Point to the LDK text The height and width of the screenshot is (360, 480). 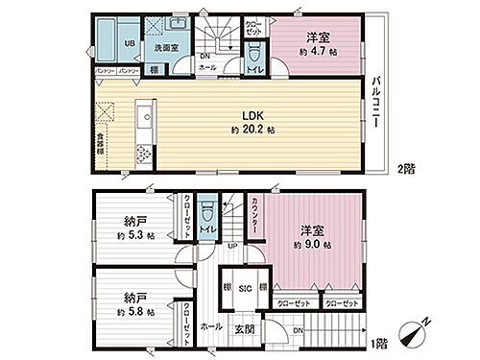[x=247, y=115]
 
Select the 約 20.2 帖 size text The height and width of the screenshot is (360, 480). [x=248, y=130]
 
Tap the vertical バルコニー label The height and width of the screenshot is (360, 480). [x=378, y=100]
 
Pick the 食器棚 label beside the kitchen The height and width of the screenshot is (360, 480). [x=100, y=144]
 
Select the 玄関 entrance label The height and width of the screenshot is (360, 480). [x=245, y=330]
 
